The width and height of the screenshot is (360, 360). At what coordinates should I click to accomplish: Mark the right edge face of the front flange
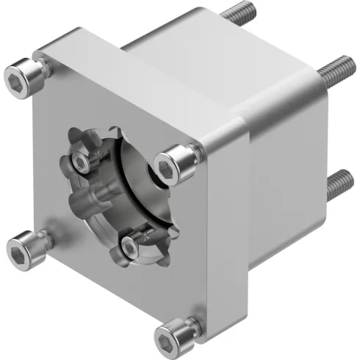[x=224, y=235]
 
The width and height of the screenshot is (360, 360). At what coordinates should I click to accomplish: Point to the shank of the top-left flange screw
[x=42, y=70]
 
